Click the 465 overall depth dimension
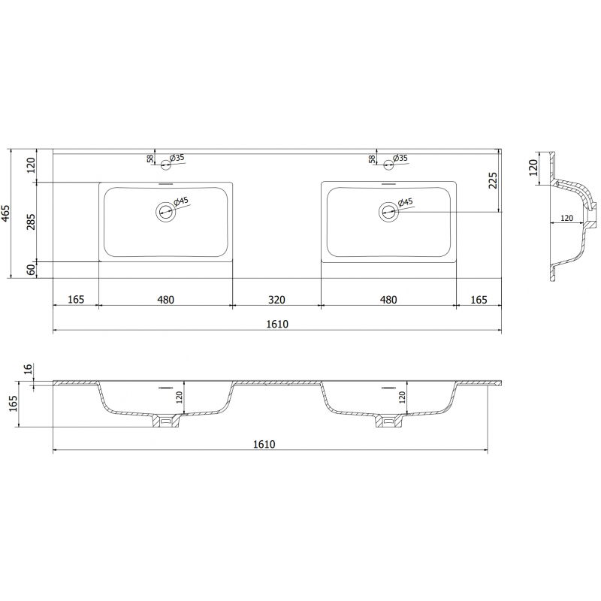(7, 214)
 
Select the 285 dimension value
(30, 222)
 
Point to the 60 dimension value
(30, 270)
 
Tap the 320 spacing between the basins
(276, 300)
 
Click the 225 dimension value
(493, 181)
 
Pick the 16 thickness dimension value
(29, 369)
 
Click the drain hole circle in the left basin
(165, 212)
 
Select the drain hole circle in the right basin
(388, 212)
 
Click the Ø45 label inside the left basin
(180, 202)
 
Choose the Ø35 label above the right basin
(400, 158)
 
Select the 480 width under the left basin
(165, 300)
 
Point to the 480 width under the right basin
(388, 300)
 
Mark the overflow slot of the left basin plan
(165, 183)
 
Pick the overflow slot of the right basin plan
(388, 183)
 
